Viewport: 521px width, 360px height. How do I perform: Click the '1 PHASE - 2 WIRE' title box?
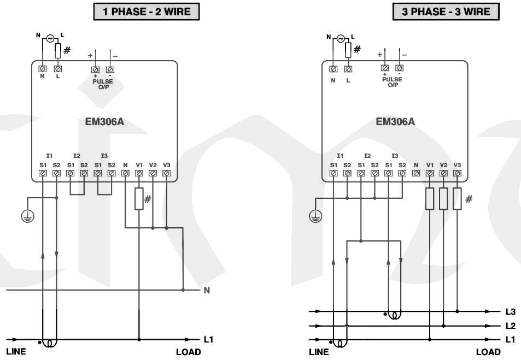point(146,11)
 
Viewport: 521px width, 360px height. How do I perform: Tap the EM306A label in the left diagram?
point(104,121)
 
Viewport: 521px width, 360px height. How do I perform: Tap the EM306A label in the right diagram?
point(395,121)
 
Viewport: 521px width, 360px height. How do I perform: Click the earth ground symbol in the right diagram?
point(316,217)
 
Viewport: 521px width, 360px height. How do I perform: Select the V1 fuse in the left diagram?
point(139,199)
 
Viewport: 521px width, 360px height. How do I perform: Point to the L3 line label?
point(510,312)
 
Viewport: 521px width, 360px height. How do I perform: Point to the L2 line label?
point(510,326)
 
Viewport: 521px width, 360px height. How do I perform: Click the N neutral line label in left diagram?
point(207,290)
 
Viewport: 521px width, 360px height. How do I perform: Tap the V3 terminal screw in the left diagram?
point(166,173)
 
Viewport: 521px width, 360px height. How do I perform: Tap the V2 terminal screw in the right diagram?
point(443,173)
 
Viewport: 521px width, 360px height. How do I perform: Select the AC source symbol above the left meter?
point(50,39)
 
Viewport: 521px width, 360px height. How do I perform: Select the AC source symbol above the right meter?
point(341,39)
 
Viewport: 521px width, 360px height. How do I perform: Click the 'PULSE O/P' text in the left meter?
point(102,84)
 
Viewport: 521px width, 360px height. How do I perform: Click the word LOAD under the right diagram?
point(488,352)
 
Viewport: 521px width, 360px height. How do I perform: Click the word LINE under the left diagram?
point(16,352)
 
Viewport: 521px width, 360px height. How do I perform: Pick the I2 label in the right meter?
point(367,156)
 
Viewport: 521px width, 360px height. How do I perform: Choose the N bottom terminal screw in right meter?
point(415,173)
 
